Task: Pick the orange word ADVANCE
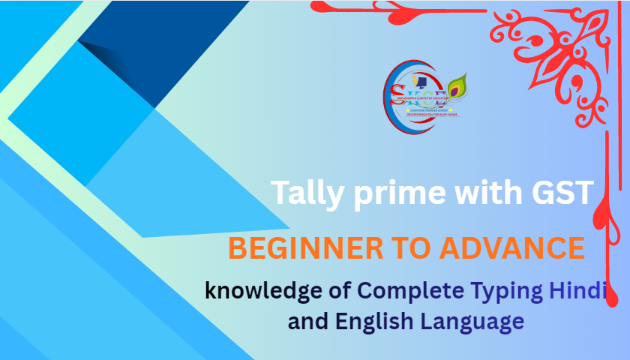[x=516, y=247]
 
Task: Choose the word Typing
[x=505, y=291]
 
